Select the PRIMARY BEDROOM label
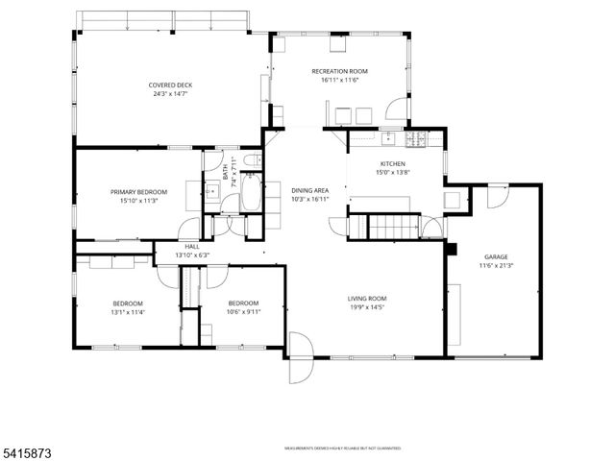tap(138, 192)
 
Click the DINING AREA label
tap(310, 190)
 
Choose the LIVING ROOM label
tap(366, 298)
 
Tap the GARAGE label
tap(496, 256)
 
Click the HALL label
tap(191, 247)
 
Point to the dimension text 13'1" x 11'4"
tap(127, 311)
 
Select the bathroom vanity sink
tap(211, 192)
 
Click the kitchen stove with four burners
tap(416, 140)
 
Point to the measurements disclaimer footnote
tap(342, 448)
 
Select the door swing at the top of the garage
tap(496, 197)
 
